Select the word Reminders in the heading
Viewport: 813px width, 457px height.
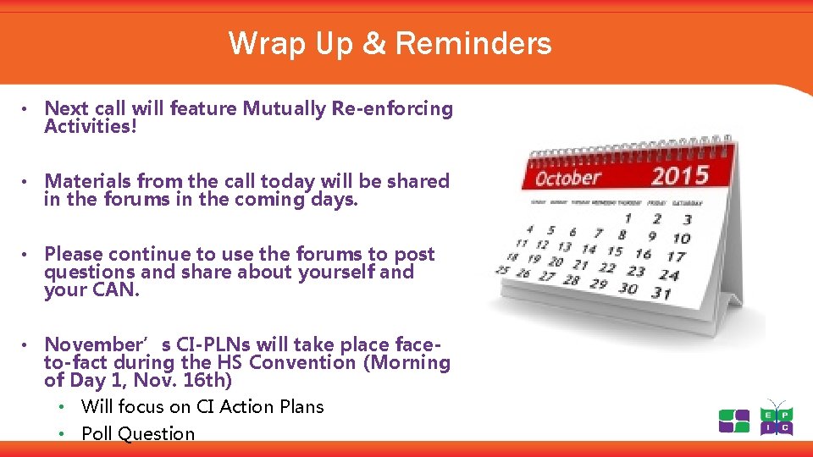tap(473, 43)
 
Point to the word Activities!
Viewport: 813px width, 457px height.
tap(90, 127)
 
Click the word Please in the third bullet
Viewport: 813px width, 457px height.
tap(74, 254)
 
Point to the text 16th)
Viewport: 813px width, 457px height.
tap(207, 380)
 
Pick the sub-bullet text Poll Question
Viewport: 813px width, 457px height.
tap(138, 433)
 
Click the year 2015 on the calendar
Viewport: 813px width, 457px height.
tap(679, 176)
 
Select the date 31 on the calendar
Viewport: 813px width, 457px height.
tap(661, 293)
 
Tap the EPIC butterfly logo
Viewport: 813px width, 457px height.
tap(776, 417)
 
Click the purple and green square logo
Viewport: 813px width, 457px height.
tap(733, 421)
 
